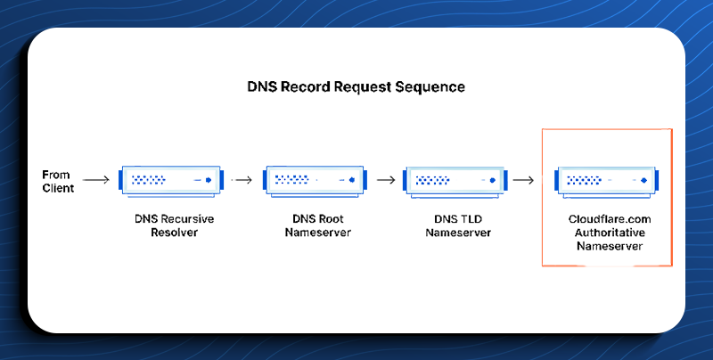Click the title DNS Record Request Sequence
356,86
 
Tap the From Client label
58,182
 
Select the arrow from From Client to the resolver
96,180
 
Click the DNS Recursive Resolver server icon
171,182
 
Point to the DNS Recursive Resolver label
174,225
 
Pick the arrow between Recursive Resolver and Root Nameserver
242,180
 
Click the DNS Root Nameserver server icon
316,181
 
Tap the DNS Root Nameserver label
318,225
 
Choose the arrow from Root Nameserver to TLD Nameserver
386,180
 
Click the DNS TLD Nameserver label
458,225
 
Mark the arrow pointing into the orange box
523,181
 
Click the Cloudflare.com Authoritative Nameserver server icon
607,182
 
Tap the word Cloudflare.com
610,219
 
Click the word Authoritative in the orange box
610,233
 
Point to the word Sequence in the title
430,86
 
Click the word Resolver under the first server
174,233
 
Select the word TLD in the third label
471,219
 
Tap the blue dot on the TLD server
493,181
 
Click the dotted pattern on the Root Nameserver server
292,180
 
